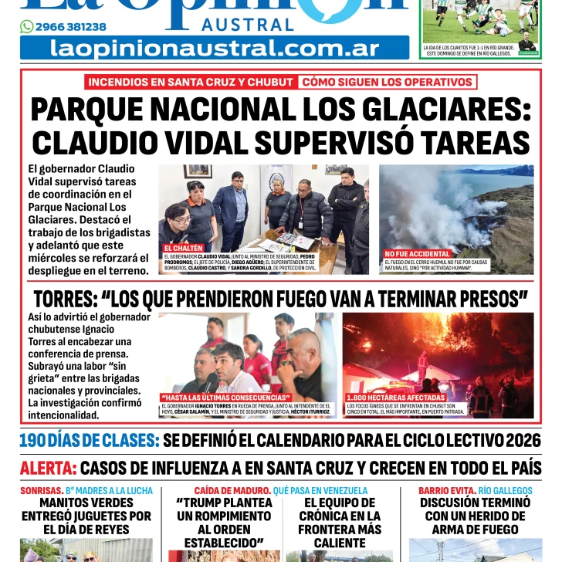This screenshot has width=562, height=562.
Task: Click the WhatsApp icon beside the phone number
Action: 26,27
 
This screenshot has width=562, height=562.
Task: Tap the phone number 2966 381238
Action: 71,27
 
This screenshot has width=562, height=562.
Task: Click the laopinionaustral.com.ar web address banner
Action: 215,48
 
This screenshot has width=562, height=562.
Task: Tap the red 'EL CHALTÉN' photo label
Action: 184,249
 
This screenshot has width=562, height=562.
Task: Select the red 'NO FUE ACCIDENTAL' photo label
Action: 418,254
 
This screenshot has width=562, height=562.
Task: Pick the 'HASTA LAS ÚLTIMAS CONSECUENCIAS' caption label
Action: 225,398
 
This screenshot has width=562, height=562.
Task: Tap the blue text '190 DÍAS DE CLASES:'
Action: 90,441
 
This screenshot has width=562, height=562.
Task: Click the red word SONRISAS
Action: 41,490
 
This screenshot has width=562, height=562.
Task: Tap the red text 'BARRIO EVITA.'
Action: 447,490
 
